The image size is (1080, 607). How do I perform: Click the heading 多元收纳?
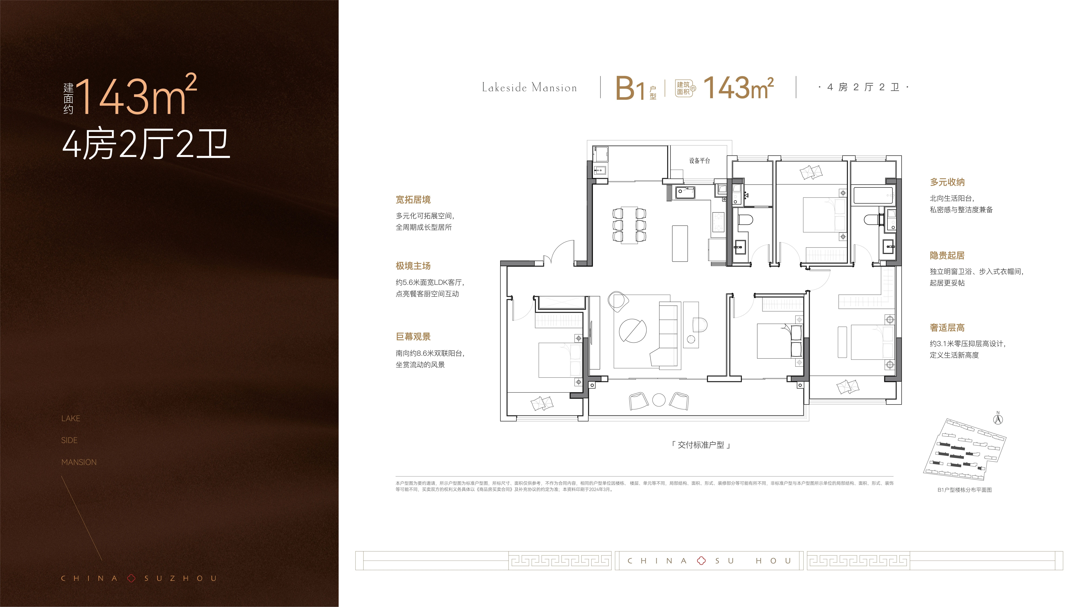(947, 182)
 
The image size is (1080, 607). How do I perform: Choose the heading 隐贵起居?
(947, 256)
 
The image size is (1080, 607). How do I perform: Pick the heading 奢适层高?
(947, 328)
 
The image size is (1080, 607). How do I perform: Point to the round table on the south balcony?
(659, 400)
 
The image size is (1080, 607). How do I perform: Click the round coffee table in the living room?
(633, 331)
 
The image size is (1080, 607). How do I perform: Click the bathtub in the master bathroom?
(873, 196)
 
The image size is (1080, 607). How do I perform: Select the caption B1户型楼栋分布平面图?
(964, 490)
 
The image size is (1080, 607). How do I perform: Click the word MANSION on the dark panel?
(79, 462)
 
